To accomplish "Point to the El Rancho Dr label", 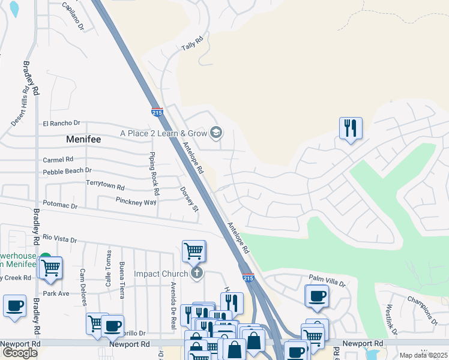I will [61, 124].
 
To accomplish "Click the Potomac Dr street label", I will [58, 206].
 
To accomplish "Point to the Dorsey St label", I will [189, 199].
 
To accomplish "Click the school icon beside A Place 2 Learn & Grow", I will [215, 133].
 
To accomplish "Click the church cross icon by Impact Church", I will [196, 274].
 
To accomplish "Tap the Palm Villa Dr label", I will [327, 278].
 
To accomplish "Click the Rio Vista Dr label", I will [60, 239].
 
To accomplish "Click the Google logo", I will [20, 353].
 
